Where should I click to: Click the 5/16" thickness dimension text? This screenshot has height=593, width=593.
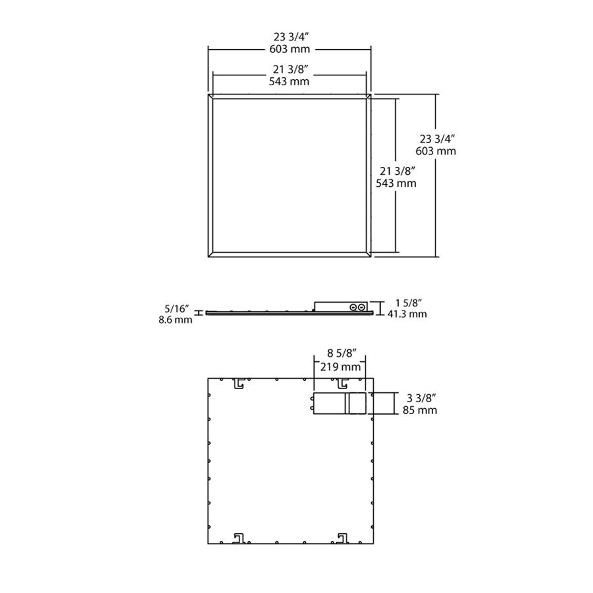(x=177, y=308)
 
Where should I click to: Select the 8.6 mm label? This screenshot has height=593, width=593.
(x=175, y=320)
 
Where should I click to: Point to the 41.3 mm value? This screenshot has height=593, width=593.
(x=407, y=314)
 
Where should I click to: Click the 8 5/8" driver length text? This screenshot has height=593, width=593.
(x=341, y=353)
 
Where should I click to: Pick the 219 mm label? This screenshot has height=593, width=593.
(x=340, y=367)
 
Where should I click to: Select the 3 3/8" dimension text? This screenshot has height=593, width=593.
(x=421, y=397)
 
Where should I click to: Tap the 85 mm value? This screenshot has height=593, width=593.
(x=420, y=410)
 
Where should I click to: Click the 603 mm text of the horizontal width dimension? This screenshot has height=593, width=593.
(x=289, y=49)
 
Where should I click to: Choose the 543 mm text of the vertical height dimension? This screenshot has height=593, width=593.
(x=396, y=183)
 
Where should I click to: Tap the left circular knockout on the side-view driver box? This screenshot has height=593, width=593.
(x=353, y=307)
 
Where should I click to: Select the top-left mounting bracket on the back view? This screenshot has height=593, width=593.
(x=239, y=383)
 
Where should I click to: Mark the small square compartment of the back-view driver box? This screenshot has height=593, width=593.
(x=357, y=403)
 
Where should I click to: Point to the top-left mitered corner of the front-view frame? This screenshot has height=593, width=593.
(x=211, y=97)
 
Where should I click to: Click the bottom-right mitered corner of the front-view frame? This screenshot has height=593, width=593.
(x=368, y=254)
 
